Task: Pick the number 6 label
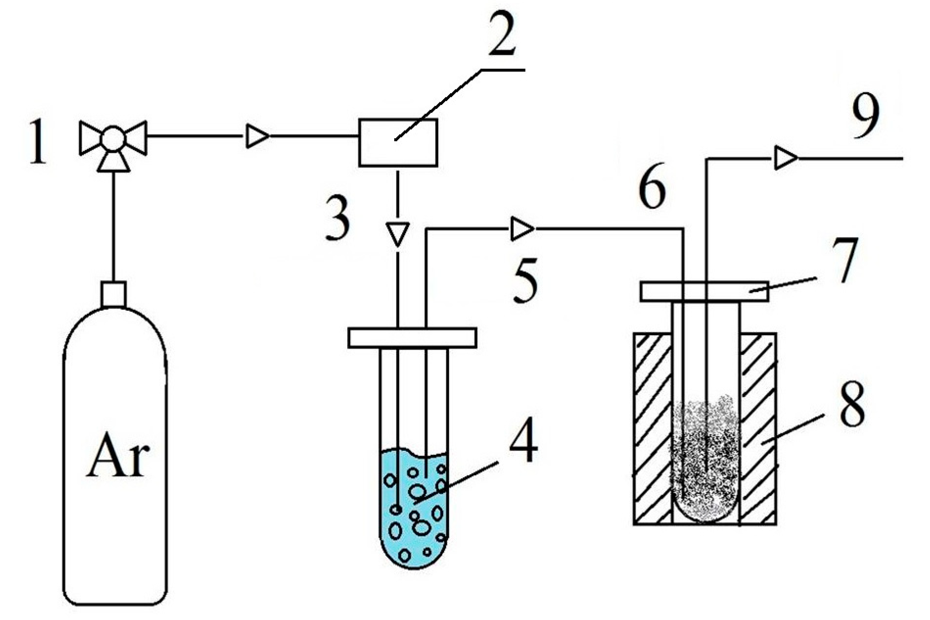tap(652, 191)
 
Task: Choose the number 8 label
tap(852, 404)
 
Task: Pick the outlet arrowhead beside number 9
tap(785, 158)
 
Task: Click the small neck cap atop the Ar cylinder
tap(113, 294)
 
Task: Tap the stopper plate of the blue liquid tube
tap(412, 338)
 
